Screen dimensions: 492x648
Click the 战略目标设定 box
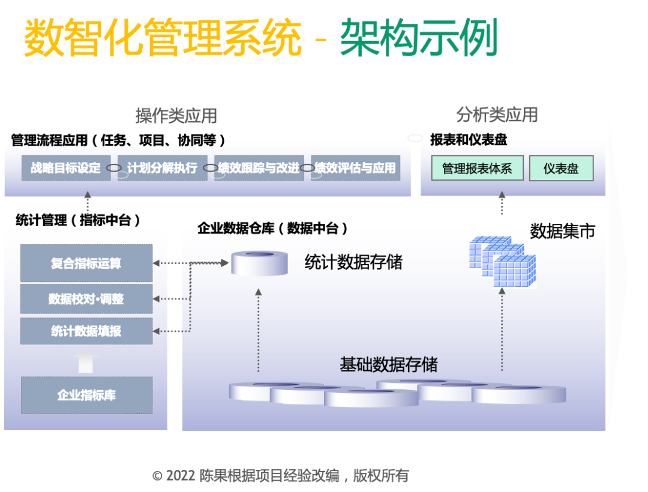coord(66,168)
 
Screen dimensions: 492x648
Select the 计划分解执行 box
coord(162,168)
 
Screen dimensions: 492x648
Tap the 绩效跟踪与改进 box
coord(259,168)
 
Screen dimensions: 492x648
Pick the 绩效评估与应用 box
coord(355,168)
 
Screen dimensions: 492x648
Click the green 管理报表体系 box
coord(477,169)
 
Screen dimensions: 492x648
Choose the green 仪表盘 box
coord(561,169)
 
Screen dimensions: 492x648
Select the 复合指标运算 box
coord(86,263)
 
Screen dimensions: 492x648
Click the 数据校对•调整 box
coord(86,299)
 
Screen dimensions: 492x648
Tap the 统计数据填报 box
coord(86,331)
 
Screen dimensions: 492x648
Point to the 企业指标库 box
coord(86,395)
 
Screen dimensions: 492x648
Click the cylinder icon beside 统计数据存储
coord(260,263)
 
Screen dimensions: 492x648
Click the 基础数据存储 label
coord(389,364)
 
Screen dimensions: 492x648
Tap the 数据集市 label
coord(562,231)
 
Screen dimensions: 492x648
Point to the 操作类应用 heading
coord(176,115)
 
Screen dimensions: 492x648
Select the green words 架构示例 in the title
coord(419,38)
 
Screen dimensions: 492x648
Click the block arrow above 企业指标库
coord(86,362)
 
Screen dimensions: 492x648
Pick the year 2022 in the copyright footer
coord(181,476)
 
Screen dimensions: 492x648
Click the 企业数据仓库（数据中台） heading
coord(273,229)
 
